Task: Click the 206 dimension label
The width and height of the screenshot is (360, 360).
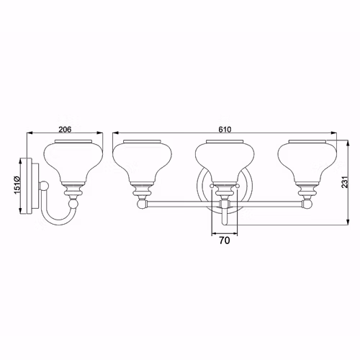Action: coord(65,130)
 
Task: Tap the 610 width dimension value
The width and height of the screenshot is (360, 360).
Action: coord(225,130)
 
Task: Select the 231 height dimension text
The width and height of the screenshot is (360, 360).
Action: coord(345,182)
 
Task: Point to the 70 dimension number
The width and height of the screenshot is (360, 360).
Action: coord(225,240)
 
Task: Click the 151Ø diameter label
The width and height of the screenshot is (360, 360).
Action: coord(17,185)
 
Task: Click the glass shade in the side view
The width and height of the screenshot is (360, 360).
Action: coord(73,162)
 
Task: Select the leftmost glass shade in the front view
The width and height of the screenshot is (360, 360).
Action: coord(142,162)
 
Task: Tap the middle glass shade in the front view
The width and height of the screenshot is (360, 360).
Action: coord(225,162)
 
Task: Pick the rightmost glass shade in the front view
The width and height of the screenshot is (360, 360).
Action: coord(307,162)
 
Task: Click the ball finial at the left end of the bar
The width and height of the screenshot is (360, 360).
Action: coord(141,204)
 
